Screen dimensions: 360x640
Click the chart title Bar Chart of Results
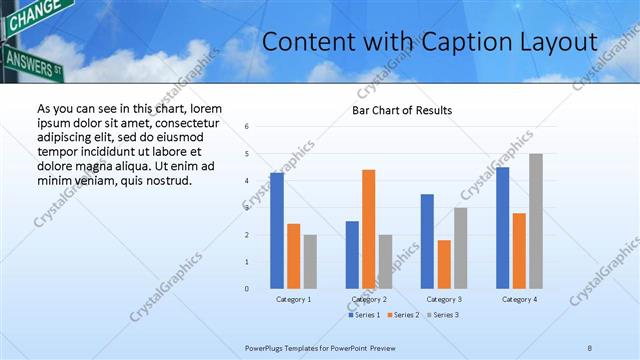tap(402, 110)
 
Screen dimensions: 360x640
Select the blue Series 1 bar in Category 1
tap(277, 230)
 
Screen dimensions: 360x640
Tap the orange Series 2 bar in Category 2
tap(369, 229)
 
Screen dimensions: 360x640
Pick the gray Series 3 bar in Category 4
tap(536, 221)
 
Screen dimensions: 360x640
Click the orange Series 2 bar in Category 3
tap(444, 264)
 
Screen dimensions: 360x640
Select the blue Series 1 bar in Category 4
tap(502, 227)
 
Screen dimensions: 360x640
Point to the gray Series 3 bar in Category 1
tap(310, 261)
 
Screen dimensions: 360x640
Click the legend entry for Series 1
tap(365, 315)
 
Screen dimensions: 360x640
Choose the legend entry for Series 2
tap(403, 315)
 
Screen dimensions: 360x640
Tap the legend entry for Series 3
tap(441, 315)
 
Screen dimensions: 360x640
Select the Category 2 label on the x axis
tap(368, 299)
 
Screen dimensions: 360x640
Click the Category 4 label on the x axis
tap(518, 299)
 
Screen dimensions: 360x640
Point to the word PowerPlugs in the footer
tap(266, 348)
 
